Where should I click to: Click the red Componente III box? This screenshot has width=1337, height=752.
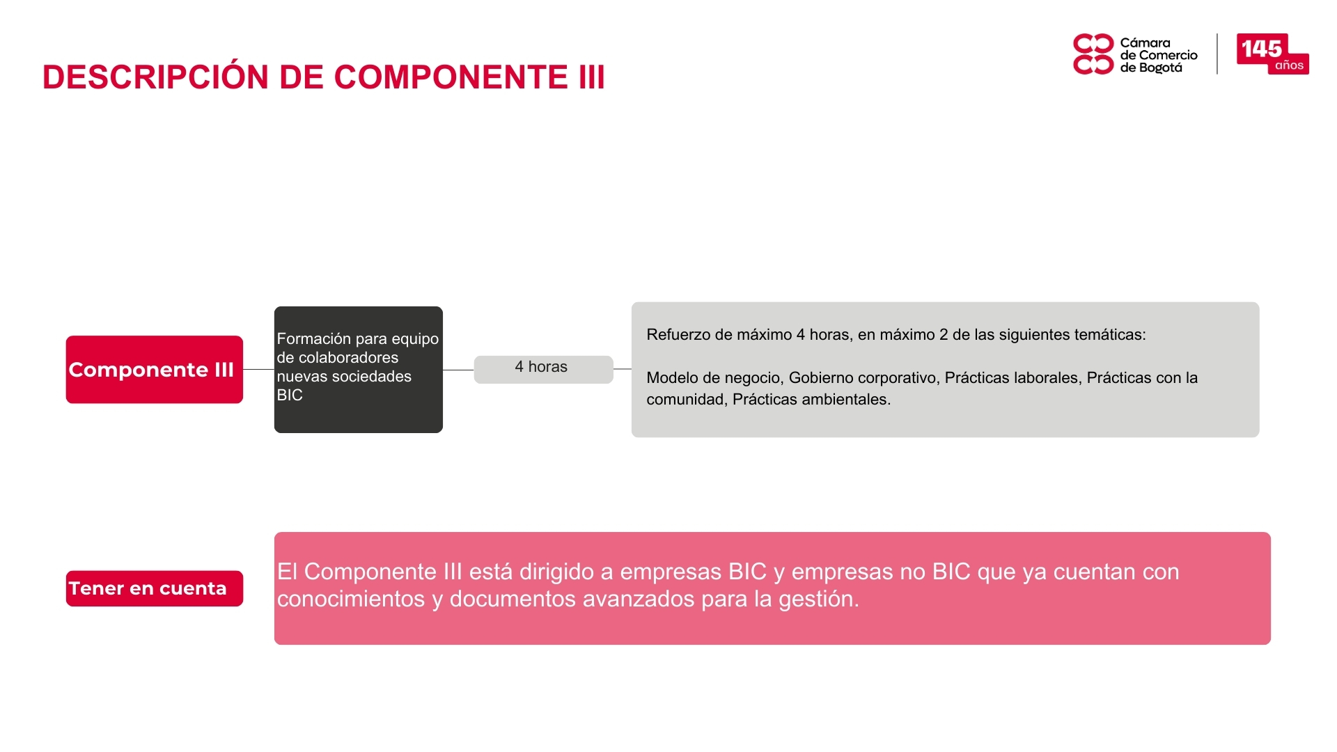[155, 370]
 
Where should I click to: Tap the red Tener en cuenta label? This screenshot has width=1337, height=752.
[155, 588]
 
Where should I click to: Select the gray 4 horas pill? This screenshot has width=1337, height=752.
[543, 369]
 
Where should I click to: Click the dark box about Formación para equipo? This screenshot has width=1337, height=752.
[359, 370]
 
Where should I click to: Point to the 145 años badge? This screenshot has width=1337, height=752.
[1272, 54]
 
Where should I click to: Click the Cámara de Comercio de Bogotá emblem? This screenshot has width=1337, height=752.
[1093, 54]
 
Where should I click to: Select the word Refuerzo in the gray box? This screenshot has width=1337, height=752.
[678, 335]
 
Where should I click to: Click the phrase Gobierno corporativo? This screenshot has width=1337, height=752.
[862, 378]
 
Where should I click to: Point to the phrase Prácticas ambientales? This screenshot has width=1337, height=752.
[811, 400]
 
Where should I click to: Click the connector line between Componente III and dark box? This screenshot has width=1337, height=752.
[258, 370]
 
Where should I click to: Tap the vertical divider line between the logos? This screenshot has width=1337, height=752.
[1217, 54]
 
